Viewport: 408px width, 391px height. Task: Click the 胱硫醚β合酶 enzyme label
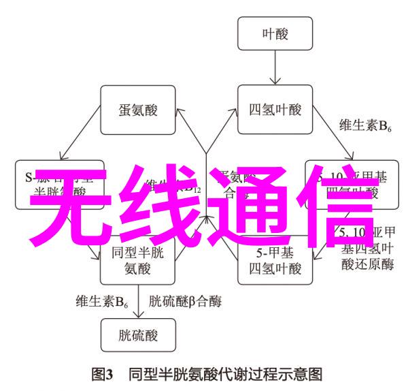pyautogui.click(x=184, y=300)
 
